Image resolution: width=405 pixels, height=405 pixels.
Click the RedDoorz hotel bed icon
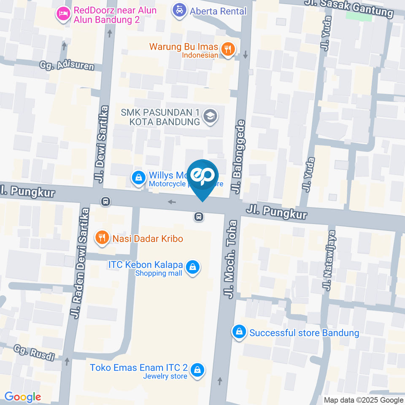point(63,13)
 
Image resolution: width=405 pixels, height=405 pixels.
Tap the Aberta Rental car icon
point(179,10)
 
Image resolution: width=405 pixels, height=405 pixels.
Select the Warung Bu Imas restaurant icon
point(228,49)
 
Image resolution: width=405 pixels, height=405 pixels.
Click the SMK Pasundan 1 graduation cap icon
point(210,116)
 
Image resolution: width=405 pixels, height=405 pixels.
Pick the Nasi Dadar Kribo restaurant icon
point(101,237)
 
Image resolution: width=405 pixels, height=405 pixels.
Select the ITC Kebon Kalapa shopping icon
point(192,267)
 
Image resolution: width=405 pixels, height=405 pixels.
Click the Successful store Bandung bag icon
point(239,332)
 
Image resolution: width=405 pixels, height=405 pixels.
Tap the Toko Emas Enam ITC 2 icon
point(196,370)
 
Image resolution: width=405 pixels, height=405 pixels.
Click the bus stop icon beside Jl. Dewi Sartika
point(106,202)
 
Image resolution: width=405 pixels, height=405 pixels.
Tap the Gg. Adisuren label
point(66,65)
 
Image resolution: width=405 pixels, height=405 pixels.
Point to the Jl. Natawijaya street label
point(329,260)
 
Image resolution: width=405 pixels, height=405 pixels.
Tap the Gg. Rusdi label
point(34,353)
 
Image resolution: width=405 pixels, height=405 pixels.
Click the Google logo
point(22,397)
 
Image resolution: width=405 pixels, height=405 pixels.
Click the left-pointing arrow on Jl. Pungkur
point(172,202)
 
